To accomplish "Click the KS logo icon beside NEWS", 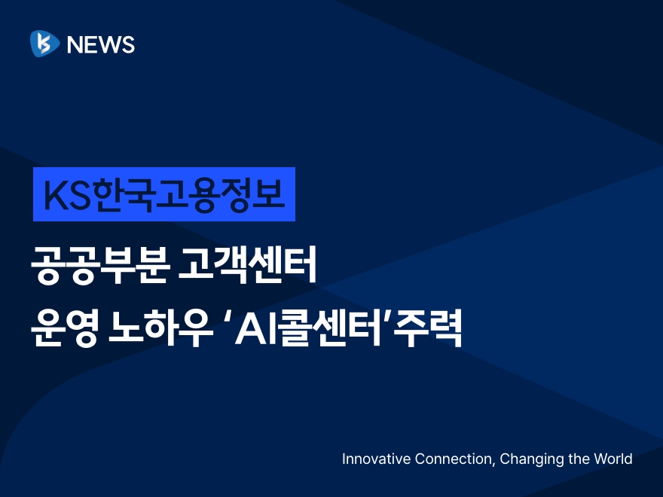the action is click(44, 44).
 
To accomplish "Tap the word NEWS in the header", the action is click(101, 44).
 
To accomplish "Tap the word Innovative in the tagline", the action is click(376, 459).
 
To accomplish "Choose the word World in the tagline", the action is click(613, 459).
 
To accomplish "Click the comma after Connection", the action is click(493, 464).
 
